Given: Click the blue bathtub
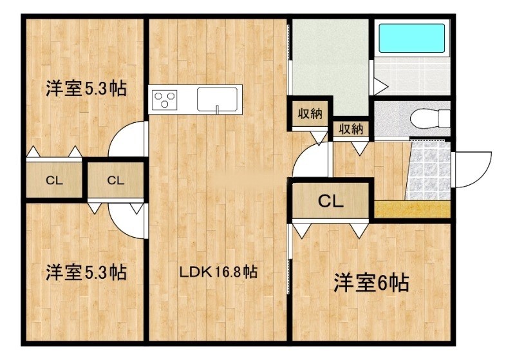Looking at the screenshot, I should coord(412,39).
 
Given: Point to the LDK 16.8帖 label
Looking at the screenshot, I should coord(218,272).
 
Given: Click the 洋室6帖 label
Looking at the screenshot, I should coord(371,283).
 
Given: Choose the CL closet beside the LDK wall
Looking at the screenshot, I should coord(115,180).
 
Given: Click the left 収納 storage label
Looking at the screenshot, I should coord(309,114).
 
